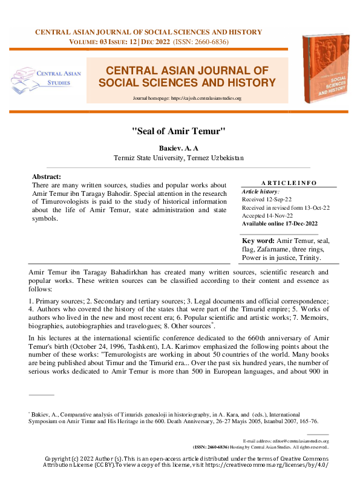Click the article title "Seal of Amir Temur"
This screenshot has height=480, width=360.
point(179,130)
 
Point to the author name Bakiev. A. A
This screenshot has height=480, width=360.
point(179,147)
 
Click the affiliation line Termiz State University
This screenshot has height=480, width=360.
point(179,158)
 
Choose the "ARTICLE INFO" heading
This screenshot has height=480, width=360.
point(290,183)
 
